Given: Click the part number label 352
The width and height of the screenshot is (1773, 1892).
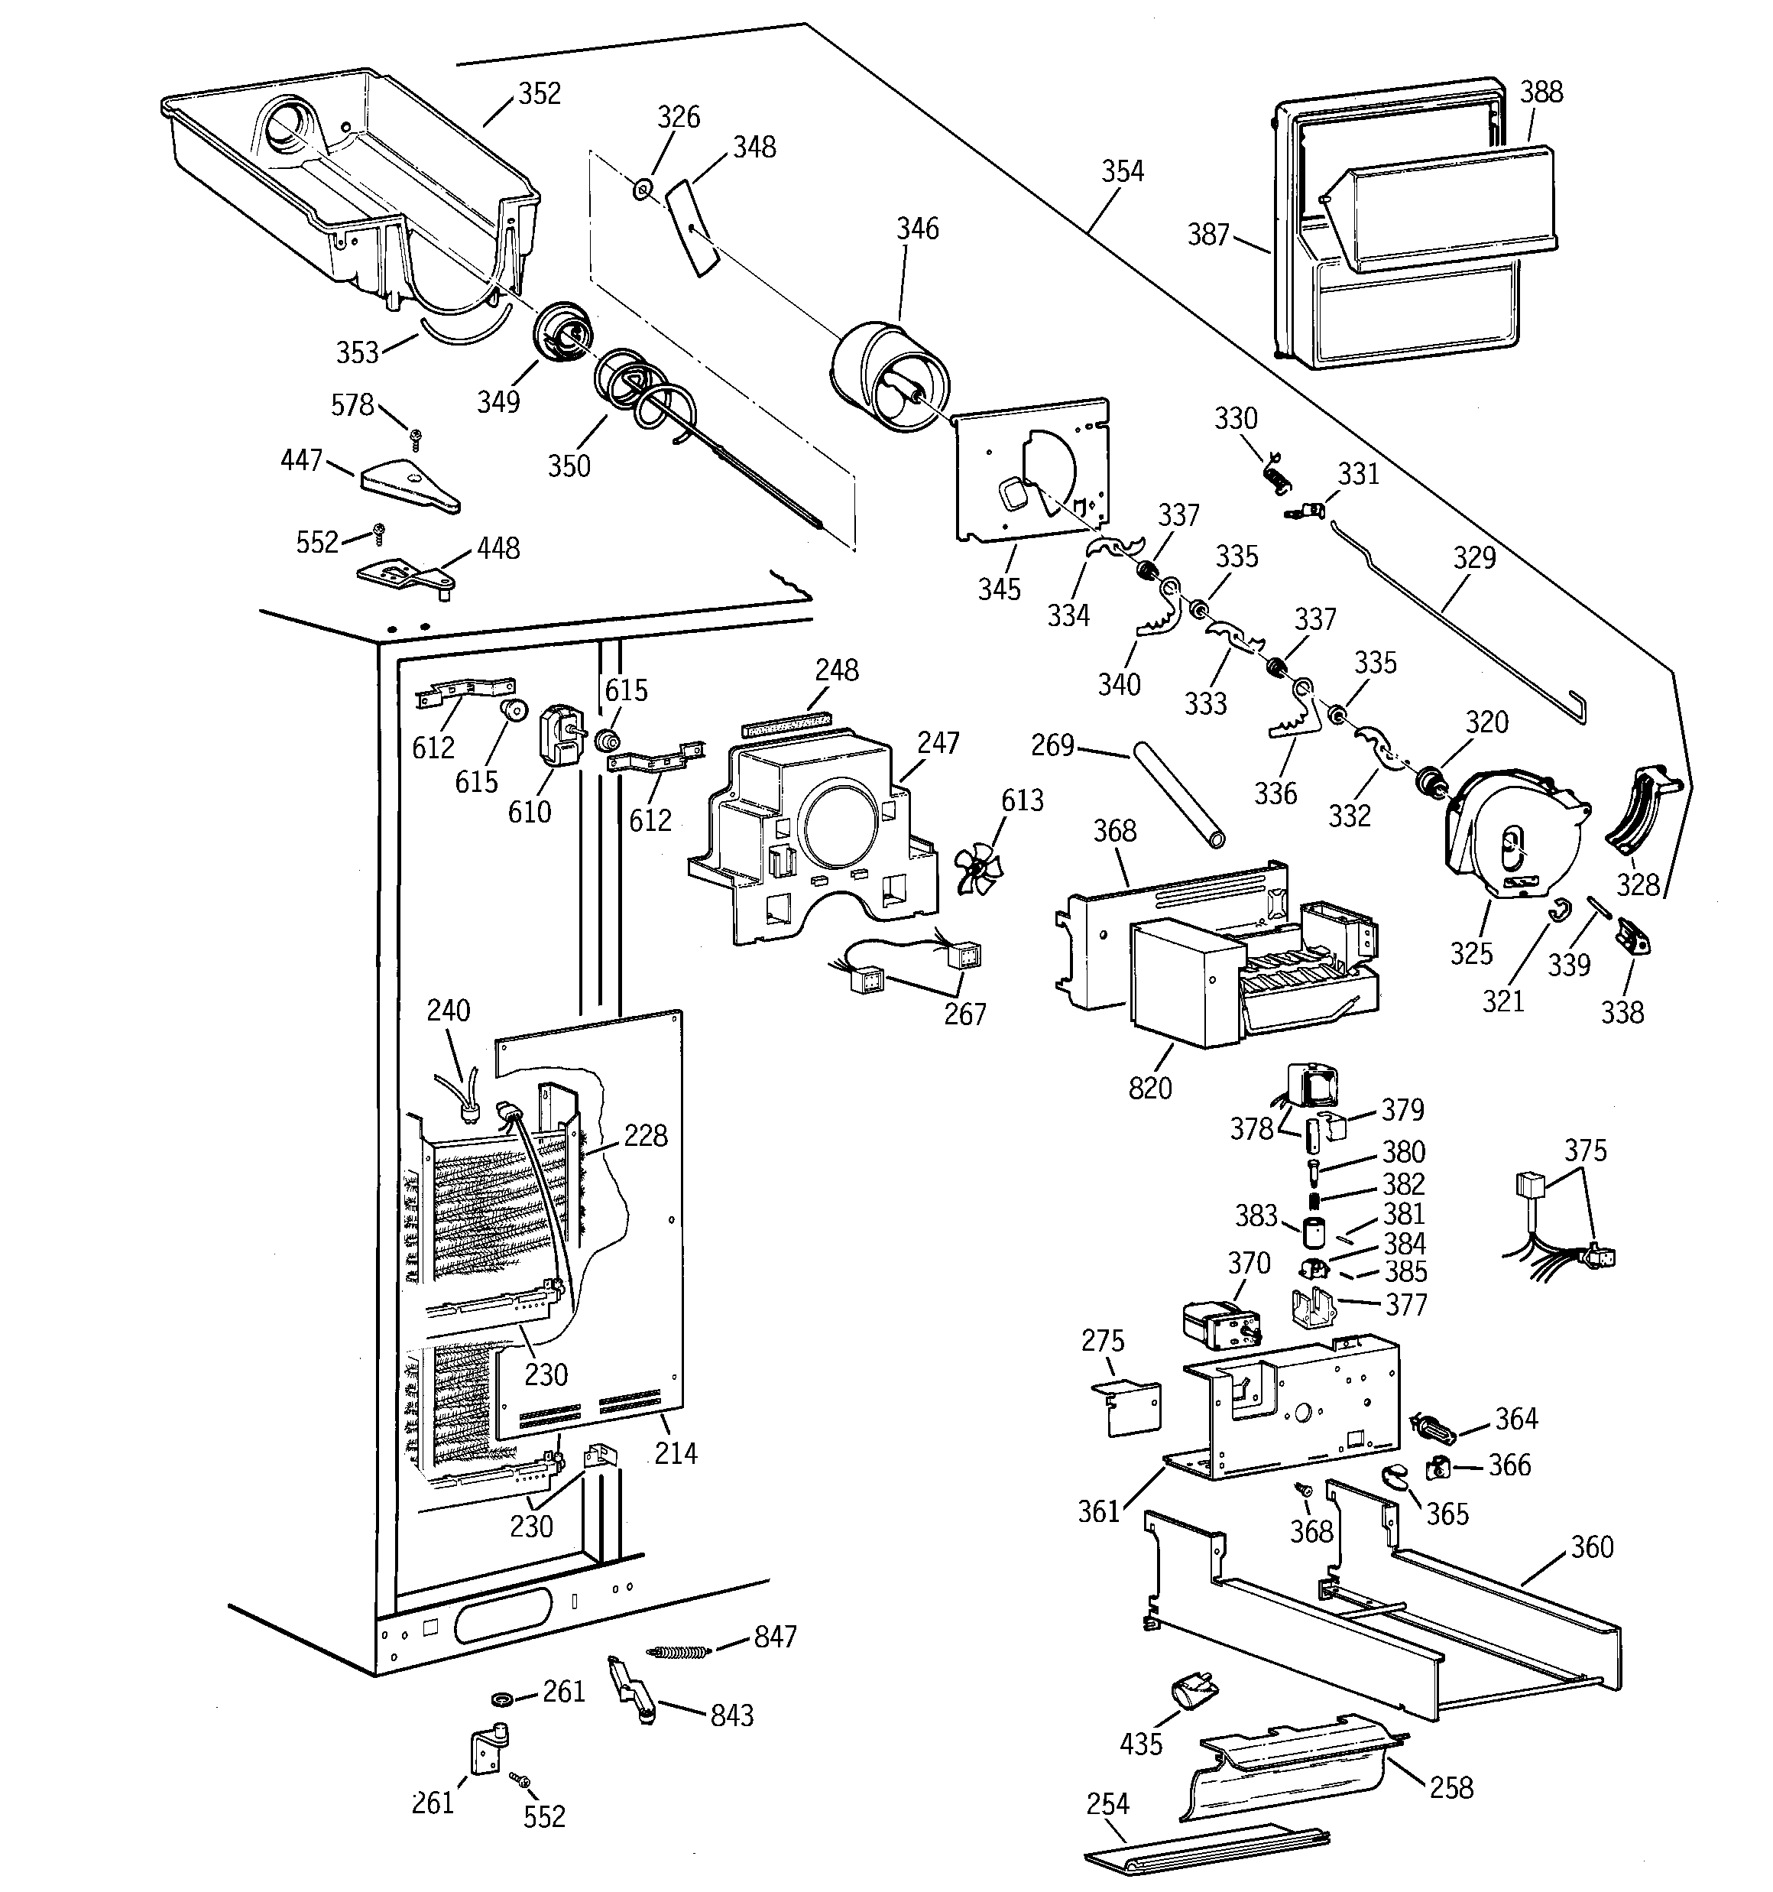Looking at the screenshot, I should pos(539,93).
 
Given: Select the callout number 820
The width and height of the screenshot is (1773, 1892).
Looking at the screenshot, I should pos(1149,1087).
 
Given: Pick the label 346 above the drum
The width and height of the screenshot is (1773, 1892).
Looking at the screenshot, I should pos(916,229).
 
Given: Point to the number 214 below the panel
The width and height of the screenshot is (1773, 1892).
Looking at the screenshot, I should pos(675,1453).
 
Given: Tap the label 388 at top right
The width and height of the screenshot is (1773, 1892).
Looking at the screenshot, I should pos(1541,92).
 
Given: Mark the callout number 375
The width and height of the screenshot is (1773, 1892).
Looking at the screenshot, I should pos(1584,1150).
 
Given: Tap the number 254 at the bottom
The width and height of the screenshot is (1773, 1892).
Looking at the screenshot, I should pos(1107,1803).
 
